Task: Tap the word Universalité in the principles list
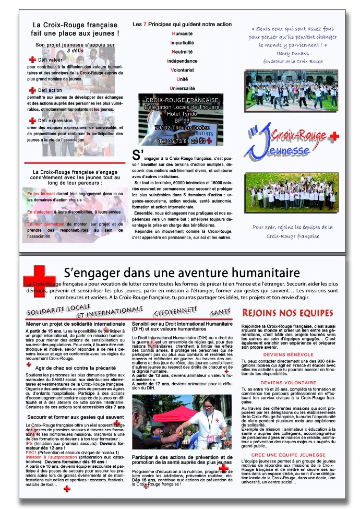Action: (182, 88)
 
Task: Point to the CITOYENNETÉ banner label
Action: (175, 312)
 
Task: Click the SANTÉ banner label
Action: (220, 312)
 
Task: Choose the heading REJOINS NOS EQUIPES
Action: (287, 313)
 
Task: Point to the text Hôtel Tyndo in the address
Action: (182, 114)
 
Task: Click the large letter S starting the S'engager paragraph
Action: (137, 154)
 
